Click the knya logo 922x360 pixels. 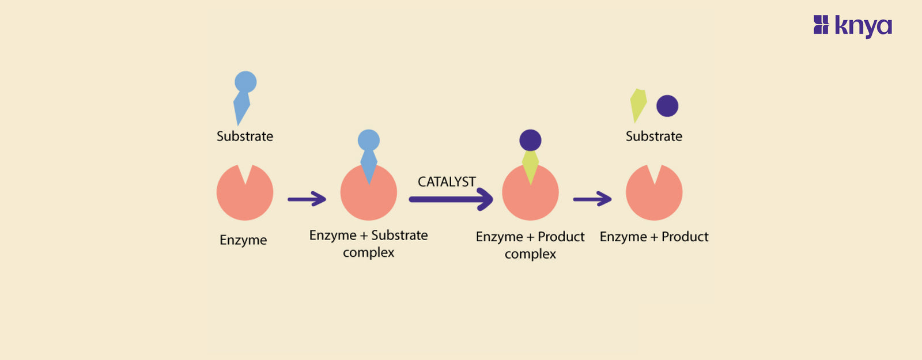pyautogui.click(x=852, y=26)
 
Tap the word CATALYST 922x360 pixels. pyautogui.click(x=447, y=182)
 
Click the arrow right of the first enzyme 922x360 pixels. pyautogui.click(x=307, y=199)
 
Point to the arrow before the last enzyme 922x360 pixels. pyautogui.click(x=592, y=199)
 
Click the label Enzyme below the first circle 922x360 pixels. pyautogui.click(x=243, y=240)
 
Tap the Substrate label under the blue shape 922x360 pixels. pyautogui.click(x=245, y=137)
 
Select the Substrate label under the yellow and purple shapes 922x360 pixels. pyautogui.click(x=654, y=137)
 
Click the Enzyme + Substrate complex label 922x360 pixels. pyautogui.click(x=369, y=244)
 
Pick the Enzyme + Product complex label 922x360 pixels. pyautogui.click(x=530, y=245)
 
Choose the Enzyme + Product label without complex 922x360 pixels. pyautogui.click(x=654, y=237)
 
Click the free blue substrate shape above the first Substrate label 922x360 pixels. pyautogui.click(x=243, y=95)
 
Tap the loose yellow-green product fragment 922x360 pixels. pyautogui.click(x=638, y=104)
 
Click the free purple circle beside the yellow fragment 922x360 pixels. pyautogui.click(x=667, y=106)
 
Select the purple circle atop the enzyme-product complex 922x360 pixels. pyautogui.click(x=530, y=140)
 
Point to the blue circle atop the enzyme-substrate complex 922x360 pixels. pyautogui.click(x=369, y=140)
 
